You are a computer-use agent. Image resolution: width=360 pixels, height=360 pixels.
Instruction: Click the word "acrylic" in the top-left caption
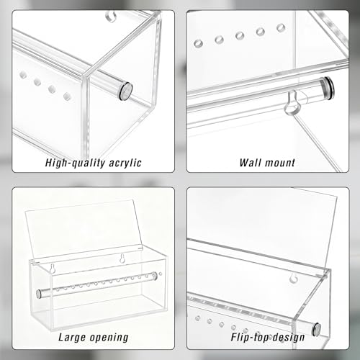pyautogui.click(x=125, y=163)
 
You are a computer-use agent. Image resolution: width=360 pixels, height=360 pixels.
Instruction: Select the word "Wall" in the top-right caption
pyautogui.click(x=251, y=163)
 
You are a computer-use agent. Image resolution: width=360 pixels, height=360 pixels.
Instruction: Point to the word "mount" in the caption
pyautogui.click(x=280, y=163)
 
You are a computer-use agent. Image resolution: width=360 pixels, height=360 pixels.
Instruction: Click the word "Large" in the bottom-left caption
pyautogui.click(x=72, y=338)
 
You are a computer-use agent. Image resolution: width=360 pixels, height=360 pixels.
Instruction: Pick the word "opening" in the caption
pyautogui.click(x=109, y=338)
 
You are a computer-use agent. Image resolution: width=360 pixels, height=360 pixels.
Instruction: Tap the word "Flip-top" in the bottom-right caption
pyautogui.click(x=249, y=338)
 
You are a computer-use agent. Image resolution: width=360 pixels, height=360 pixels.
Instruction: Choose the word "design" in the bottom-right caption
pyautogui.click(x=288, y=338)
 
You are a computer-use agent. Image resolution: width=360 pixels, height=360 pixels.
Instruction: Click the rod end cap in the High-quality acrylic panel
pyautogui.click(x=126, y=91)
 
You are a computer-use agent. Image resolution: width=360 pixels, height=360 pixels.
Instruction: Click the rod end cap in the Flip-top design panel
pyautogui.click(x=316, y=329)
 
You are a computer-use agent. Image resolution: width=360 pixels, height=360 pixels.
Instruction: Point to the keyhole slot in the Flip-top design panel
pyautogui.click(x=293, y=278)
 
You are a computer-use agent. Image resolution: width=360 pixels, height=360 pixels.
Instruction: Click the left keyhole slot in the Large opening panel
pyautogui.click(x=53, y=269)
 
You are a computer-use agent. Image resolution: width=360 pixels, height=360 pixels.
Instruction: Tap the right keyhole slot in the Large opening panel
pyautogui.click(x=122, y=258)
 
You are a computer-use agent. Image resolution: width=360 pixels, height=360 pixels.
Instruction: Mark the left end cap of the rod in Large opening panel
pyautogui.click(x=38, y=294)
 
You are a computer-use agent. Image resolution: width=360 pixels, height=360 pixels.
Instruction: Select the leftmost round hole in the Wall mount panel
pyautogui.click(x=198, y=43)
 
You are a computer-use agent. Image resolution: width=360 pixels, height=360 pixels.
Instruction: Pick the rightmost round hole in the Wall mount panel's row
pyautogui.click(x=281, y=27)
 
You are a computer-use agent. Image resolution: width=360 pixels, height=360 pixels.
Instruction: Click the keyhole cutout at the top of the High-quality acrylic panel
pyautogui.click(x=111, y=15)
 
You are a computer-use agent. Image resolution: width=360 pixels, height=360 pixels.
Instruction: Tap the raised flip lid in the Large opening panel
pyautogui.click(x=81, y=230)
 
